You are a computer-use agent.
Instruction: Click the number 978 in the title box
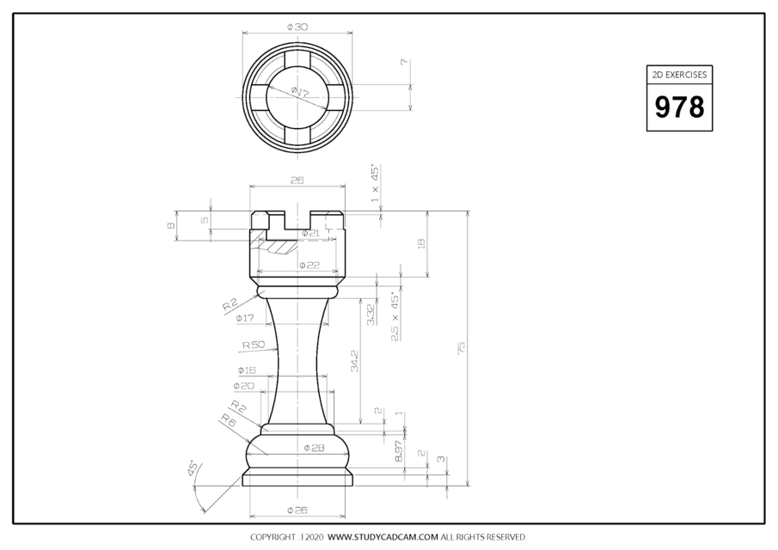(679, 107)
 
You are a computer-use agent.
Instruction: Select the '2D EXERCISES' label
(679, 75)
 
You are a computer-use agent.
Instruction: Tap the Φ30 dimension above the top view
(297, 27)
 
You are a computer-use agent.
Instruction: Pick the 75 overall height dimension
(461, 346)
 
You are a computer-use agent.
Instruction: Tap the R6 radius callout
(228, 420)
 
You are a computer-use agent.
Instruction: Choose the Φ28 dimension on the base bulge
(313, 448)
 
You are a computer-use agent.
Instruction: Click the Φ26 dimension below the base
(297, 511)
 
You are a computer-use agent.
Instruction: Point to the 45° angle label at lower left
(191, 468)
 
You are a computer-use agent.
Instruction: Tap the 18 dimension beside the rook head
(420, 244)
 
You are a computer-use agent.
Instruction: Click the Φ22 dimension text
(309, 265)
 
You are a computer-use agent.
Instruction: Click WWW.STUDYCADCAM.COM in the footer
(383, 537)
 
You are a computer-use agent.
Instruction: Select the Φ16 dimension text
(244, 370)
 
